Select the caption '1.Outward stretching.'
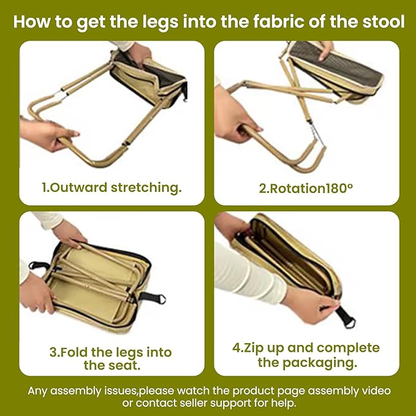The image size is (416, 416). [x=112, y=187]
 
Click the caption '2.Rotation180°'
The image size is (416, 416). [x=306, y=188]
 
